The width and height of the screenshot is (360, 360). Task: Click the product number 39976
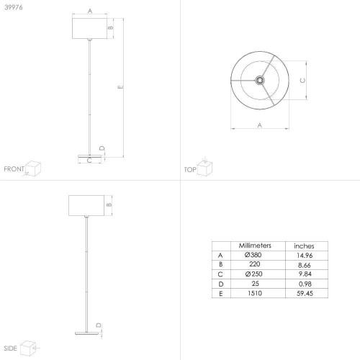[14, 7]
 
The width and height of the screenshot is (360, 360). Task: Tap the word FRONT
[14, 169]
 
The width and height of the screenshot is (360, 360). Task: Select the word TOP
[190, 170]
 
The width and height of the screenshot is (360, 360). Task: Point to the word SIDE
[10, 348]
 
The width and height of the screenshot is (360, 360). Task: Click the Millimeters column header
[255, 246]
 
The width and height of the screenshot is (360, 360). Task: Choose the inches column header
[304, 246]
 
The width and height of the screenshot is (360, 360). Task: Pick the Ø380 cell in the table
[253, 255]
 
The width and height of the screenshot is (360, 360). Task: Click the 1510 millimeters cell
[255, 293]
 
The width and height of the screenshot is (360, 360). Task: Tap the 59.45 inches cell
[305, 293]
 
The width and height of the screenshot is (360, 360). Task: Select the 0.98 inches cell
[305, 284]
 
